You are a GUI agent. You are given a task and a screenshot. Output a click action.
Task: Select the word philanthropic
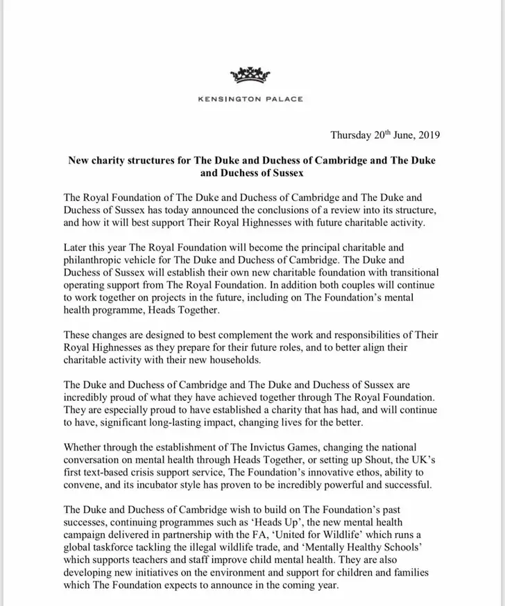(96, 260)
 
